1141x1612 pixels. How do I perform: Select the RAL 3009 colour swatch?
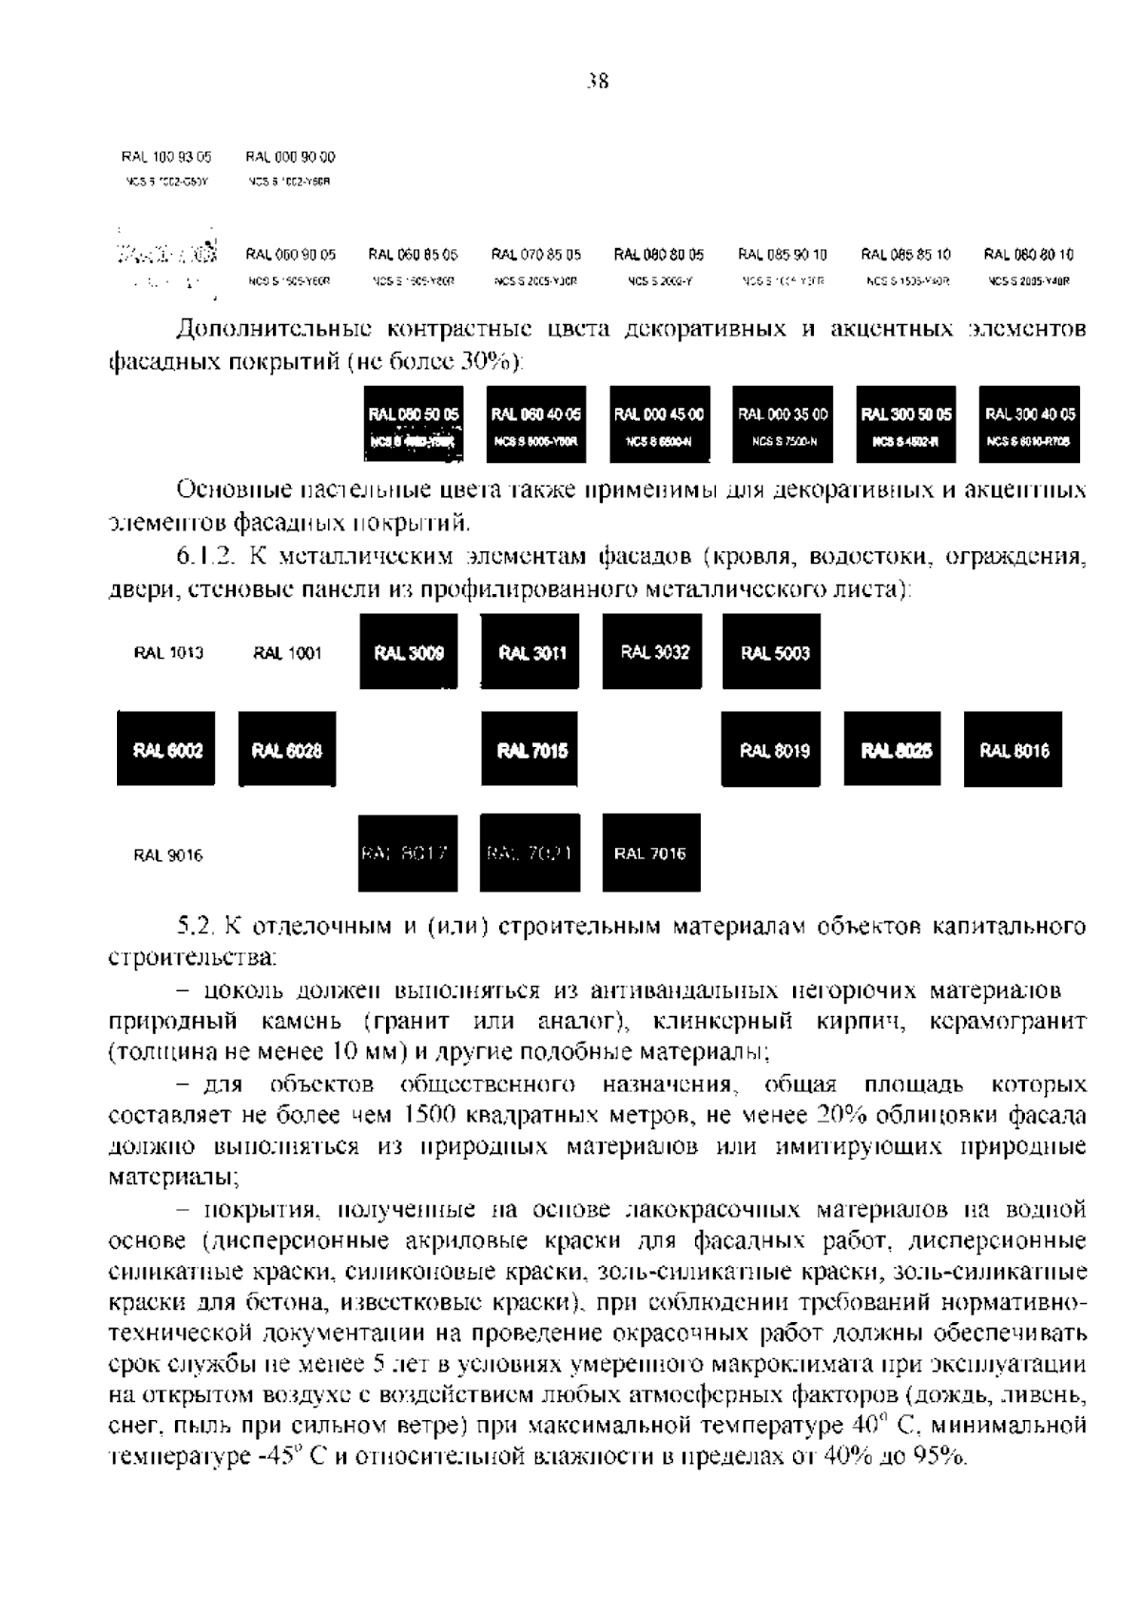point(408,652)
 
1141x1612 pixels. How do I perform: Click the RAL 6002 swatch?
point(166,750)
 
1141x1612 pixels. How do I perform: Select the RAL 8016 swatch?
point(1014,750)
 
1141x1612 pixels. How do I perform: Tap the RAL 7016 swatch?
point(651,853)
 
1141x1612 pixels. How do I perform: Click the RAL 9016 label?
point(167,854)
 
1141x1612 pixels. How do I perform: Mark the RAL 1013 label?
point(167,653)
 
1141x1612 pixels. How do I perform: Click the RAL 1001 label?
point(287,653)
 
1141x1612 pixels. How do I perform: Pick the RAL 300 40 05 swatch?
point(1030,424)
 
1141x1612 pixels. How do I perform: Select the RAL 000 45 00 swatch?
point(659,424)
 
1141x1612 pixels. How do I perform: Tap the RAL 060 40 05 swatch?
point(536,424)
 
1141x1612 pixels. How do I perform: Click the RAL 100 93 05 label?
point(166,157)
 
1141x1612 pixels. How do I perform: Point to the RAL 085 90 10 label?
point(783,255)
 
